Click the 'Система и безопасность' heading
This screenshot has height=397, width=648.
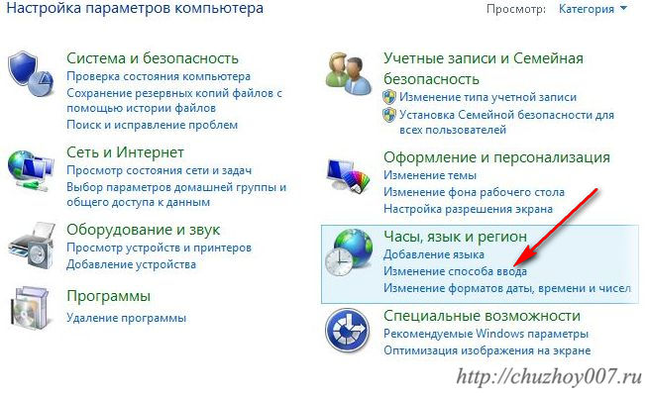(153, 58)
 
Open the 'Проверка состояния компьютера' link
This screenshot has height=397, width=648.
(159, 76)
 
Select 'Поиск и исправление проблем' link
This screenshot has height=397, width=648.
(152, 125)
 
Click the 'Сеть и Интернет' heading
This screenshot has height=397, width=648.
(125, 152)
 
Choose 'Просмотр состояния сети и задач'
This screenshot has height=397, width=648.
(160, 170)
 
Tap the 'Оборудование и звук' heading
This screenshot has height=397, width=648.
(144, 230)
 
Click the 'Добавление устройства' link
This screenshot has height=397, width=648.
(132, 264)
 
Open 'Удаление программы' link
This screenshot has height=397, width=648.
(127, 318)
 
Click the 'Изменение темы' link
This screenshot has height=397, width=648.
(430, 175)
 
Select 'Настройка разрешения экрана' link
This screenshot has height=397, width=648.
(469, 209)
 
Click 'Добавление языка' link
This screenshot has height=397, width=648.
(434, 254)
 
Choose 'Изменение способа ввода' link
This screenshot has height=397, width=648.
(456, 271)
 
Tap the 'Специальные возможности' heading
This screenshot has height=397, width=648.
(482, 316)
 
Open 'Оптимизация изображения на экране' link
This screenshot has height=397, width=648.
(487, 350)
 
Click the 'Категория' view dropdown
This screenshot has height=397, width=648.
(593, 9)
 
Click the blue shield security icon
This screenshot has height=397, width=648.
(31, 74)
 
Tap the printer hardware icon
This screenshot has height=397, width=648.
(32, 246)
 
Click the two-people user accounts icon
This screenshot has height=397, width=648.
(349, 74)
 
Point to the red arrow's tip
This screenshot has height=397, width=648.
(513, 265)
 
